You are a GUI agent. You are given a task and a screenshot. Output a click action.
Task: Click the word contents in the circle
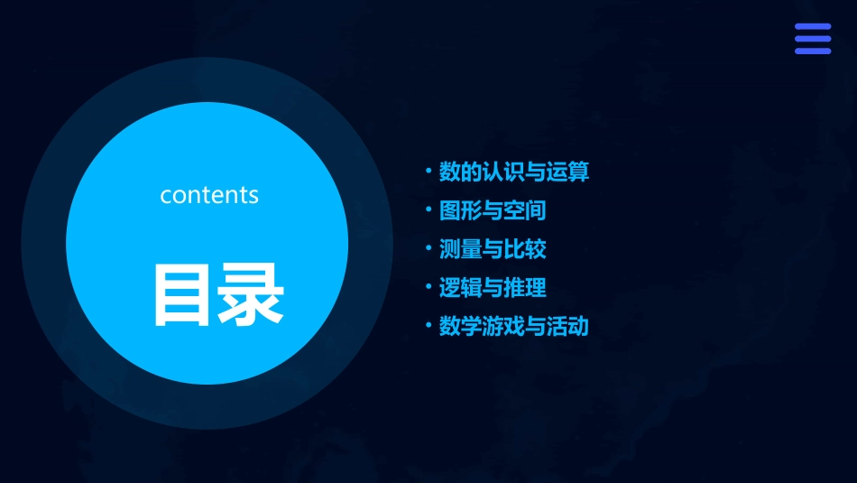pyautogui.click(x=209, y=195)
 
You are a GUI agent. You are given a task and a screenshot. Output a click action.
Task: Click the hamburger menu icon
pyautogui.click(x=812, y=39)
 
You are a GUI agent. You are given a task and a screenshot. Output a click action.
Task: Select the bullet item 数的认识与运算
pyautogui.click(x=513, y=172)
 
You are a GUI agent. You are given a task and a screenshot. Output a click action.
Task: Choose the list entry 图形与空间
pyautogui.click(x=492, y=211)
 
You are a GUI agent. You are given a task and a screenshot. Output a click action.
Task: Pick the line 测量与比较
pyautogui.click(x=492, y=249)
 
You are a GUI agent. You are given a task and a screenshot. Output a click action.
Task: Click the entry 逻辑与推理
pyautogui.click(x=492, y=288)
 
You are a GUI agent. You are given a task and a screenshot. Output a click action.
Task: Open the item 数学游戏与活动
pyautogui.click(x=513, y=326)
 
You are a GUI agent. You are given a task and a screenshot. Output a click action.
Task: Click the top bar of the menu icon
pyautogui.click(x=812, y=27)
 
